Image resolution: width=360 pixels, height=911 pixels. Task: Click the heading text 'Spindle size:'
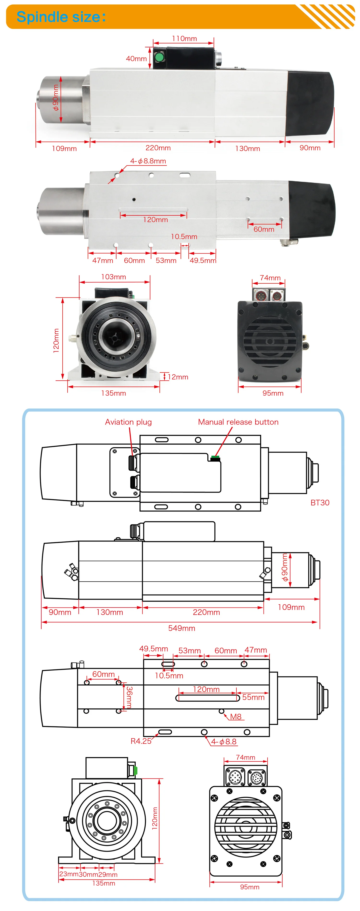61,17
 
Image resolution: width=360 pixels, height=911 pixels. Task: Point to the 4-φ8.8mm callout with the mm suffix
148,161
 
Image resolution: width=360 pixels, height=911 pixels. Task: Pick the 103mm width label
114,277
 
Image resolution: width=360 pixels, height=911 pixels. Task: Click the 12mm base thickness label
178,377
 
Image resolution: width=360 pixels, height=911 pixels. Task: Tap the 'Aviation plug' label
128,422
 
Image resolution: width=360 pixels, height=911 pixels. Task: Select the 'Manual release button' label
238,422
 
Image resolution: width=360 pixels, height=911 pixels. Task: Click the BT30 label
320,503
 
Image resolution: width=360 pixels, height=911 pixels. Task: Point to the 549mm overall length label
181,628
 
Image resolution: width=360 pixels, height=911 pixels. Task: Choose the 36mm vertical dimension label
129,697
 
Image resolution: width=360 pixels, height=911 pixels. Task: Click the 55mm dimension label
253,697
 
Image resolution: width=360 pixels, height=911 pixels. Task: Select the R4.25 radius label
141,741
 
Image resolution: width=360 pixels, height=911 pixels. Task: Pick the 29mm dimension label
108,874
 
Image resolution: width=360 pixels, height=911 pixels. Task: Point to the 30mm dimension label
88,874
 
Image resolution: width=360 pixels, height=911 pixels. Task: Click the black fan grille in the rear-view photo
270,341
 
